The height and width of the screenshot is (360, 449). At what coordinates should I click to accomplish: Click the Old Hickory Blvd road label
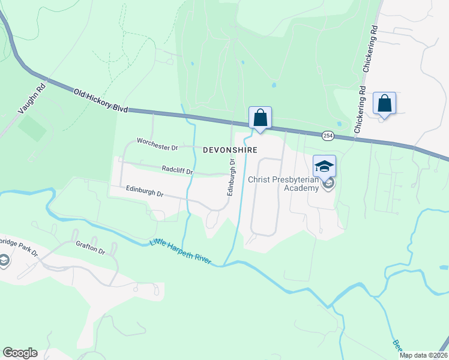pos(101,101)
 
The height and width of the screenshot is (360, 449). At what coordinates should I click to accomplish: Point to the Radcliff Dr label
pos(177,170)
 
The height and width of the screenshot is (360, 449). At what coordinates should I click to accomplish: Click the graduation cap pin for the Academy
pos(324,166)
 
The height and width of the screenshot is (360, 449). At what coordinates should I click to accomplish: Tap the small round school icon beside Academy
pos(327,184)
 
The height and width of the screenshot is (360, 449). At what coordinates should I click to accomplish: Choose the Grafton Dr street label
pos(91,248)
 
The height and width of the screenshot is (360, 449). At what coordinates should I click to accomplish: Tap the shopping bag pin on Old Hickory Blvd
pos(260,118)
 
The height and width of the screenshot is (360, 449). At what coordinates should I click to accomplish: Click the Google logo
pos(20,353)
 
